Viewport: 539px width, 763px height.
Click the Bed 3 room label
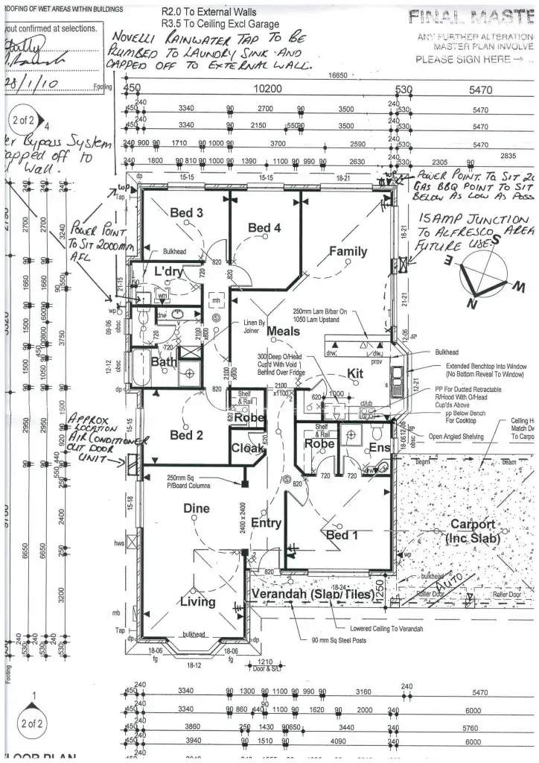click(186, 213)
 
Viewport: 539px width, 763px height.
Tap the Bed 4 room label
click(264, 228)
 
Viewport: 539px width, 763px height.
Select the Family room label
click(348, 252)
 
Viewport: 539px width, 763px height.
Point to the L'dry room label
click(168, 273)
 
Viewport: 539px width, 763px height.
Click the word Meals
click(283, 331)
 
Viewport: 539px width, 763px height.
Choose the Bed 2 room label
click(186, 435)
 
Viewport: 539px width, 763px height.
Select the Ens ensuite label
click(379, 447)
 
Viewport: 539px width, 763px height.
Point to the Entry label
click(266, 523)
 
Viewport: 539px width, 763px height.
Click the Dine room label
click(197, 508)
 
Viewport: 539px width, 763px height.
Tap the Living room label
click(197, 601)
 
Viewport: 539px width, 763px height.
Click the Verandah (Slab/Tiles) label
click(313, 594)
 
